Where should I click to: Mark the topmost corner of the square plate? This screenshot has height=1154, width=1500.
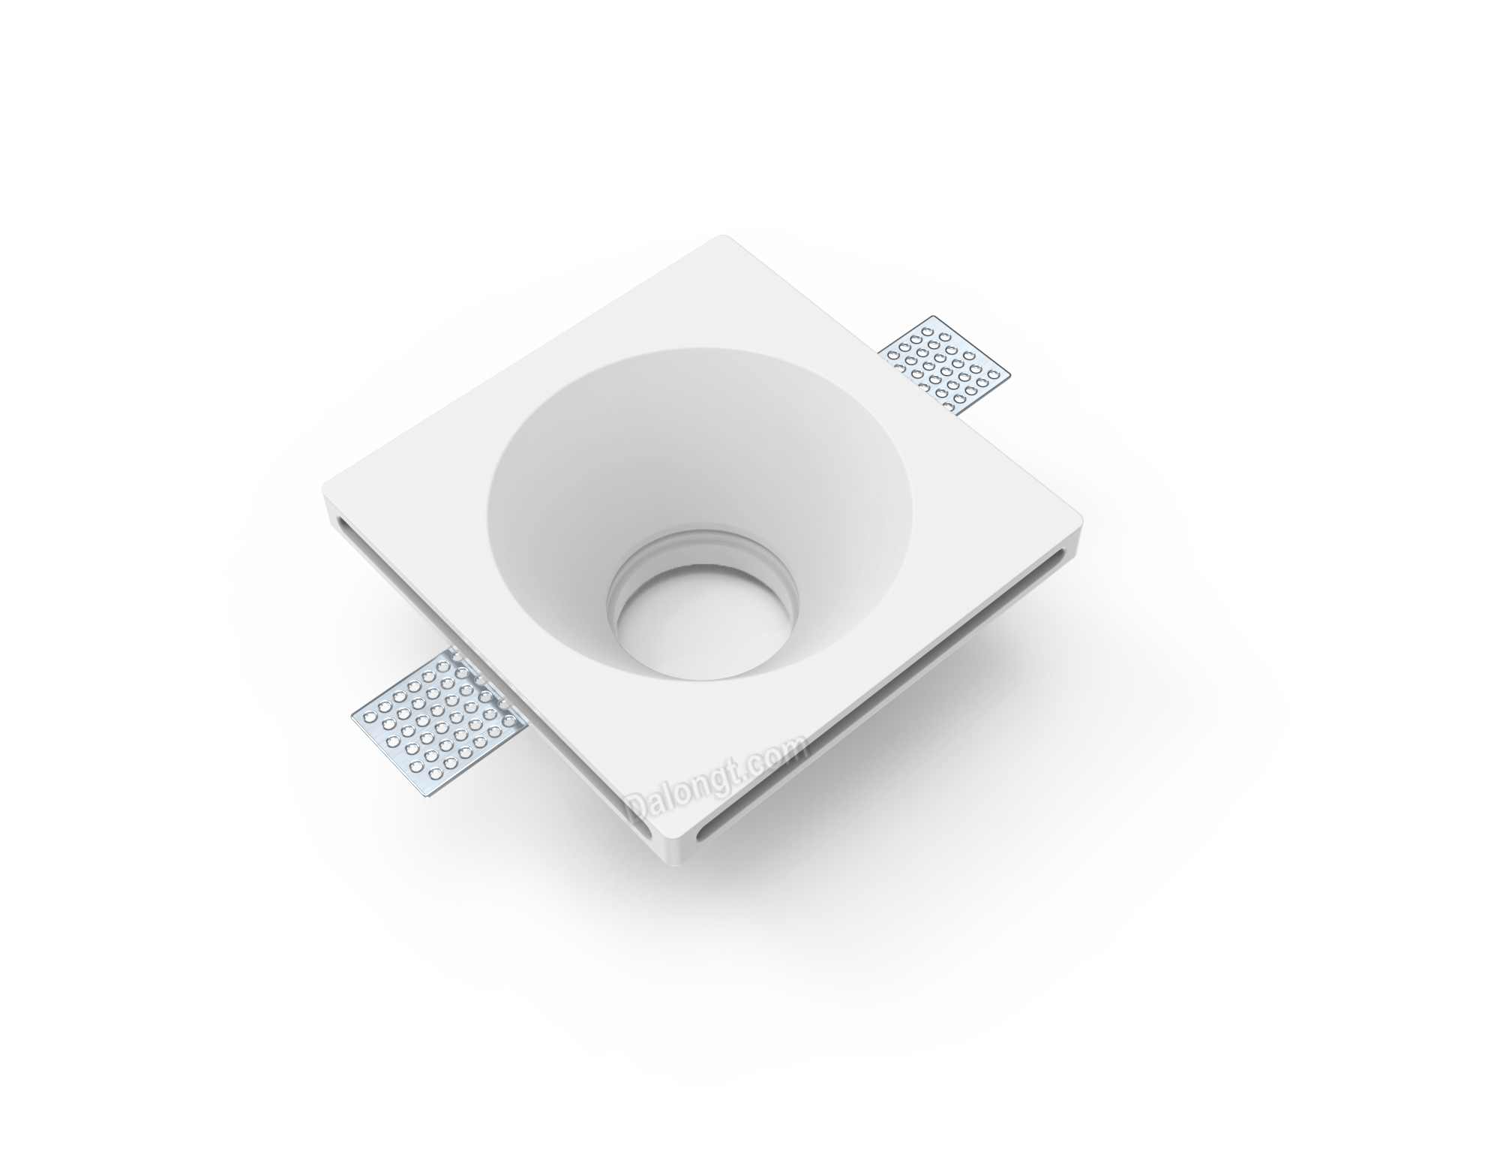724,237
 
